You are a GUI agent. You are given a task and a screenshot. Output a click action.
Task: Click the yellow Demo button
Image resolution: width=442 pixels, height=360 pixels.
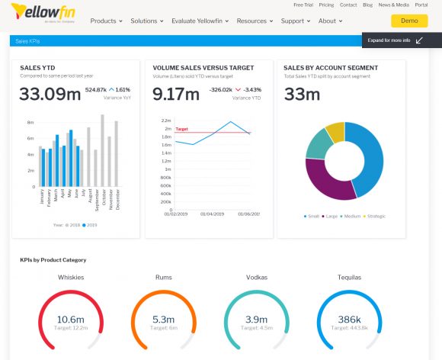click(409, 21)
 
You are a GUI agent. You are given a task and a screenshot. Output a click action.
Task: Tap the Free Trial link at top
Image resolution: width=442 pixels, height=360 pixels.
click(304, 5)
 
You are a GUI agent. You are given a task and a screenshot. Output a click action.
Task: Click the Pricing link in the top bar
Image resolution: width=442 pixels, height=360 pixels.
click(327, 5)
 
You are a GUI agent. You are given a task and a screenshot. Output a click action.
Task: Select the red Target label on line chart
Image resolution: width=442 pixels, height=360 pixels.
click(182, 129)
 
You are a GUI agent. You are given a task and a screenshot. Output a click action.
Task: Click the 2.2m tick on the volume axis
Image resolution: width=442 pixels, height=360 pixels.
click(166, 121)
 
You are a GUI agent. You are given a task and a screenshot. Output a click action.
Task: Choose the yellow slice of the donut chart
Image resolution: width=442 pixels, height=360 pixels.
click(335, 131)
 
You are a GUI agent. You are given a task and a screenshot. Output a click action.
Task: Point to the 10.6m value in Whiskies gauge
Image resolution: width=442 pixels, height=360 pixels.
click(70, 319)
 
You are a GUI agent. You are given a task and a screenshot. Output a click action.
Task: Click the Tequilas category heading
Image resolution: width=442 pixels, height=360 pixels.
click(349, 277)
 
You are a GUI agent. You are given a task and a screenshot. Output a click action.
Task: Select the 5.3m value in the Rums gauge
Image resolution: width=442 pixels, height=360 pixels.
click(163, 319)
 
